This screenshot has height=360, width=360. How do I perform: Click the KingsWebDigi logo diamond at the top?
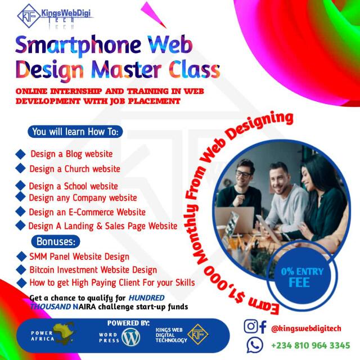pos(29,16)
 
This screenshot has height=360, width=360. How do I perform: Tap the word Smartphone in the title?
pos(78,45)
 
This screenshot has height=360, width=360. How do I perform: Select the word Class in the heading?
pos(195,69)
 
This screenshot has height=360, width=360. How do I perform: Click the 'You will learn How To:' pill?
pos(75,132)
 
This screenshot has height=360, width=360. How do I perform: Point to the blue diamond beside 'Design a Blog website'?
pos(20,154)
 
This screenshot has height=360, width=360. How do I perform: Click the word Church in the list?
pos(77,169)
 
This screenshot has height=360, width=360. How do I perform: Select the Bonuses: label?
pos(56,241)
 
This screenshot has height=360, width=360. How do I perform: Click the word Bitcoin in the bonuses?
pos(42,270)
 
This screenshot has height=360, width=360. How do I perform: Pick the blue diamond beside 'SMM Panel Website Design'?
pos(21,256)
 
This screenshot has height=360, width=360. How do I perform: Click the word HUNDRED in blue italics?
pos(146,298)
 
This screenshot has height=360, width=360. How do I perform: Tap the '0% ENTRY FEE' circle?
pos(301,277)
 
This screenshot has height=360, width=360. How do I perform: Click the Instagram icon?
pos(250,326)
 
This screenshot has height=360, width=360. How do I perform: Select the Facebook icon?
pos(263,327)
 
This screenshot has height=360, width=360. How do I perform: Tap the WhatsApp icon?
pos(254,345)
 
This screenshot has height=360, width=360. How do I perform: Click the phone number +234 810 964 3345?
pos(310,345)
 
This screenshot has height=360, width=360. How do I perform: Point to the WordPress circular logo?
pos(131,337)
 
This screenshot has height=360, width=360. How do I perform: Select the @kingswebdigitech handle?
pos(306,328)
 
